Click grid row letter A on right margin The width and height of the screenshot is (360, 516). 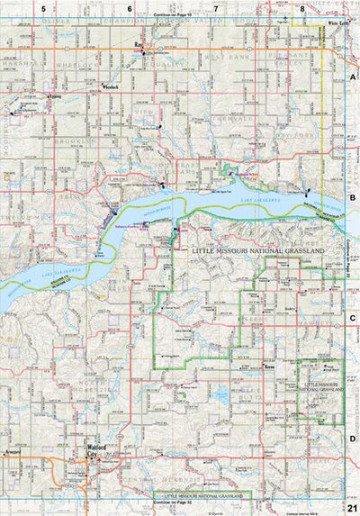353,79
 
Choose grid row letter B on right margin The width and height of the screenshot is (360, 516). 353,198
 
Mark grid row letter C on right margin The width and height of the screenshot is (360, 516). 353,318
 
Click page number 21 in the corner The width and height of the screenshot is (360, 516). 352,508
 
